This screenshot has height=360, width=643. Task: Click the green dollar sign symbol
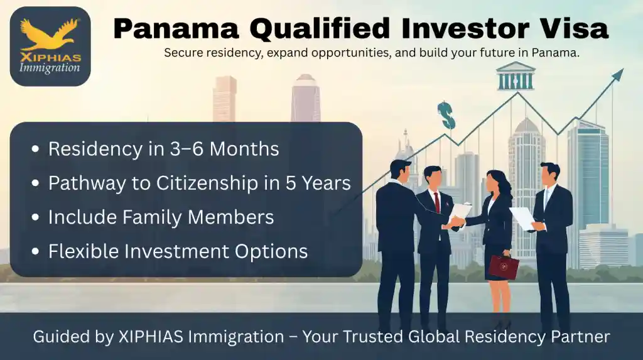tap(446, 115)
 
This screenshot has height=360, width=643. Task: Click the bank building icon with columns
tap(516, 77)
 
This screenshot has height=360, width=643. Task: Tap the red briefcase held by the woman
tap(504, 266)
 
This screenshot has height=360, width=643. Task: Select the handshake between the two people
tap(457, 221)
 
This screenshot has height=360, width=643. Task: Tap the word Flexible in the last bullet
tap(84, 251)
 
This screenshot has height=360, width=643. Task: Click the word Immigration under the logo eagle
tap(50, 67)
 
